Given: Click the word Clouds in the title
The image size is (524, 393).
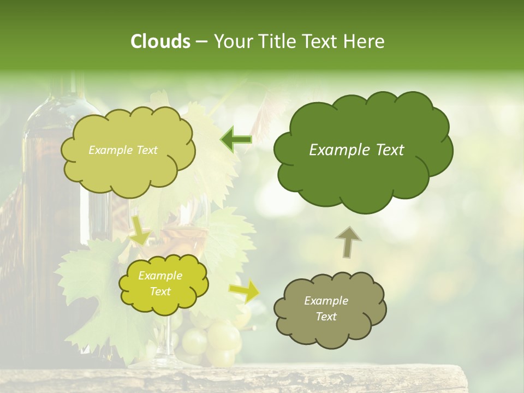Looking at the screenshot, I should click(160, 41).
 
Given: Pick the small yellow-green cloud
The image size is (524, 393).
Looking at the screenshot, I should click(163, 284).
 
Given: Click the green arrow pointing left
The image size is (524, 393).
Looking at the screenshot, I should click(236, 140).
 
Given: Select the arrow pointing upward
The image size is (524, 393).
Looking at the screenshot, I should click(348, 241).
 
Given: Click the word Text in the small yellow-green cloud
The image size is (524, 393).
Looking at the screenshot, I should click(160, 291).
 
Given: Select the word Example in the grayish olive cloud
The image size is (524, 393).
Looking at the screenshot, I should click(326, 301).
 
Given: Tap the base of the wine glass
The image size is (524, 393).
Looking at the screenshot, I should click(164, 361).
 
